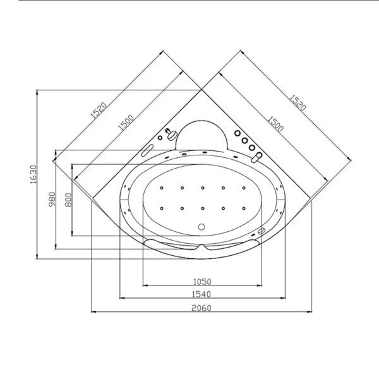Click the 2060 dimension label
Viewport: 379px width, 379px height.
pos(202,308)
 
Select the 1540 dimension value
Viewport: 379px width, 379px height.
pos(202,294)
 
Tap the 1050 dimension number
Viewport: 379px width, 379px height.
pos(202,281)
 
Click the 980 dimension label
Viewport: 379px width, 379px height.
pos(52,200)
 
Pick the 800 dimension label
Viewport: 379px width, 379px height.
pos(68,200)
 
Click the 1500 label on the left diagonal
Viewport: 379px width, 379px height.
pos(124,123)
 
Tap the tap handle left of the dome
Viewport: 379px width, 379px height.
pos(169,133)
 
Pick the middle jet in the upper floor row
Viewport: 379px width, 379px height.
pos(203,188)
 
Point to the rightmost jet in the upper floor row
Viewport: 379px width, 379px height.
pos(242,188)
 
